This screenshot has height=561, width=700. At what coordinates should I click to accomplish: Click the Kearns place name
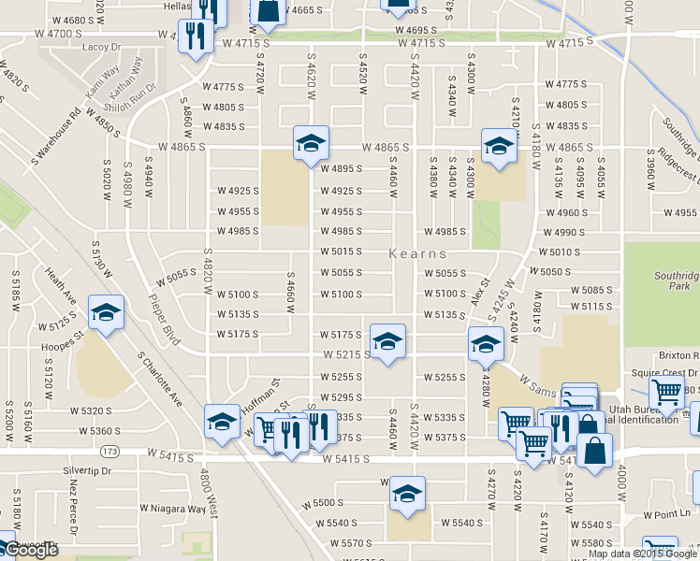(x=416, y=254)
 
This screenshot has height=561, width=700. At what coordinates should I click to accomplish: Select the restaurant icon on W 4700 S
(x=195, y=36)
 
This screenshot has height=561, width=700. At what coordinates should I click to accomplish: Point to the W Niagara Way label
(x=173, y=510)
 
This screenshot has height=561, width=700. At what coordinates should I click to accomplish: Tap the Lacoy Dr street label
(x=102, y=46)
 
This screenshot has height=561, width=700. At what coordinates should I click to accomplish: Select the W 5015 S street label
(x=341, y=252)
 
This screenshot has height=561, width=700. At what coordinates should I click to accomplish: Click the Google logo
(x=30, y=550)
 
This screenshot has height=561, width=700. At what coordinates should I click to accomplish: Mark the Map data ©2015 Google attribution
(x=642, y=554)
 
